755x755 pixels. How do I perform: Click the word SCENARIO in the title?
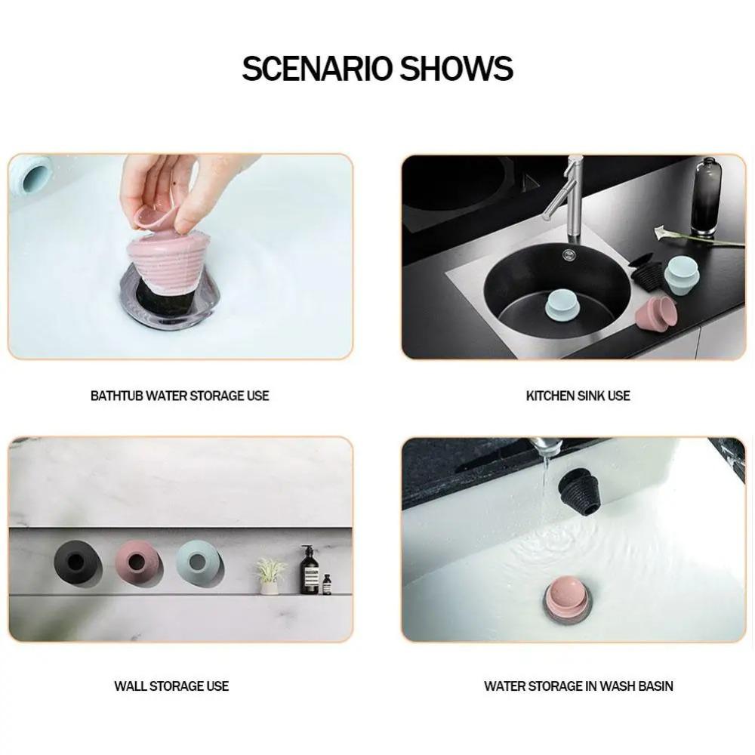tap(316, 69)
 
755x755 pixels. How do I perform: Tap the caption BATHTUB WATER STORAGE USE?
tap(180, 396)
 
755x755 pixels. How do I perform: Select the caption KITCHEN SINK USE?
tap(578, 396)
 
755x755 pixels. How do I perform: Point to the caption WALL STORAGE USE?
tap(171, 686)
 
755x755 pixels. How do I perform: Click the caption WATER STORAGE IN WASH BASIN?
tap(578, 686)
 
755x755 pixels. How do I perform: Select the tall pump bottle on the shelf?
tap(309, 571)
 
